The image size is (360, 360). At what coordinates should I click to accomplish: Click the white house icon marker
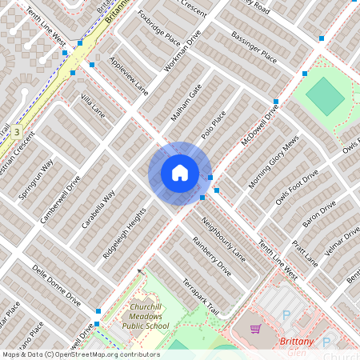click(179, 172)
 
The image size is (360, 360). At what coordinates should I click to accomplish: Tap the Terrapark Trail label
click(200, 297)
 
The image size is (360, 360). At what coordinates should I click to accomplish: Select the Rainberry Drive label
click(212, 256)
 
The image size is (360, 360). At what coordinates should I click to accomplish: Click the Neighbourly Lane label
click(223, 238)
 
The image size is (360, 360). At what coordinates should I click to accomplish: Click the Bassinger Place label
click(254, 47)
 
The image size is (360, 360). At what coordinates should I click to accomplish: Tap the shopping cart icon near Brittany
click(255, 329)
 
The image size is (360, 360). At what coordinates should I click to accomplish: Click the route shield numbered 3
click(15, 131)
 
